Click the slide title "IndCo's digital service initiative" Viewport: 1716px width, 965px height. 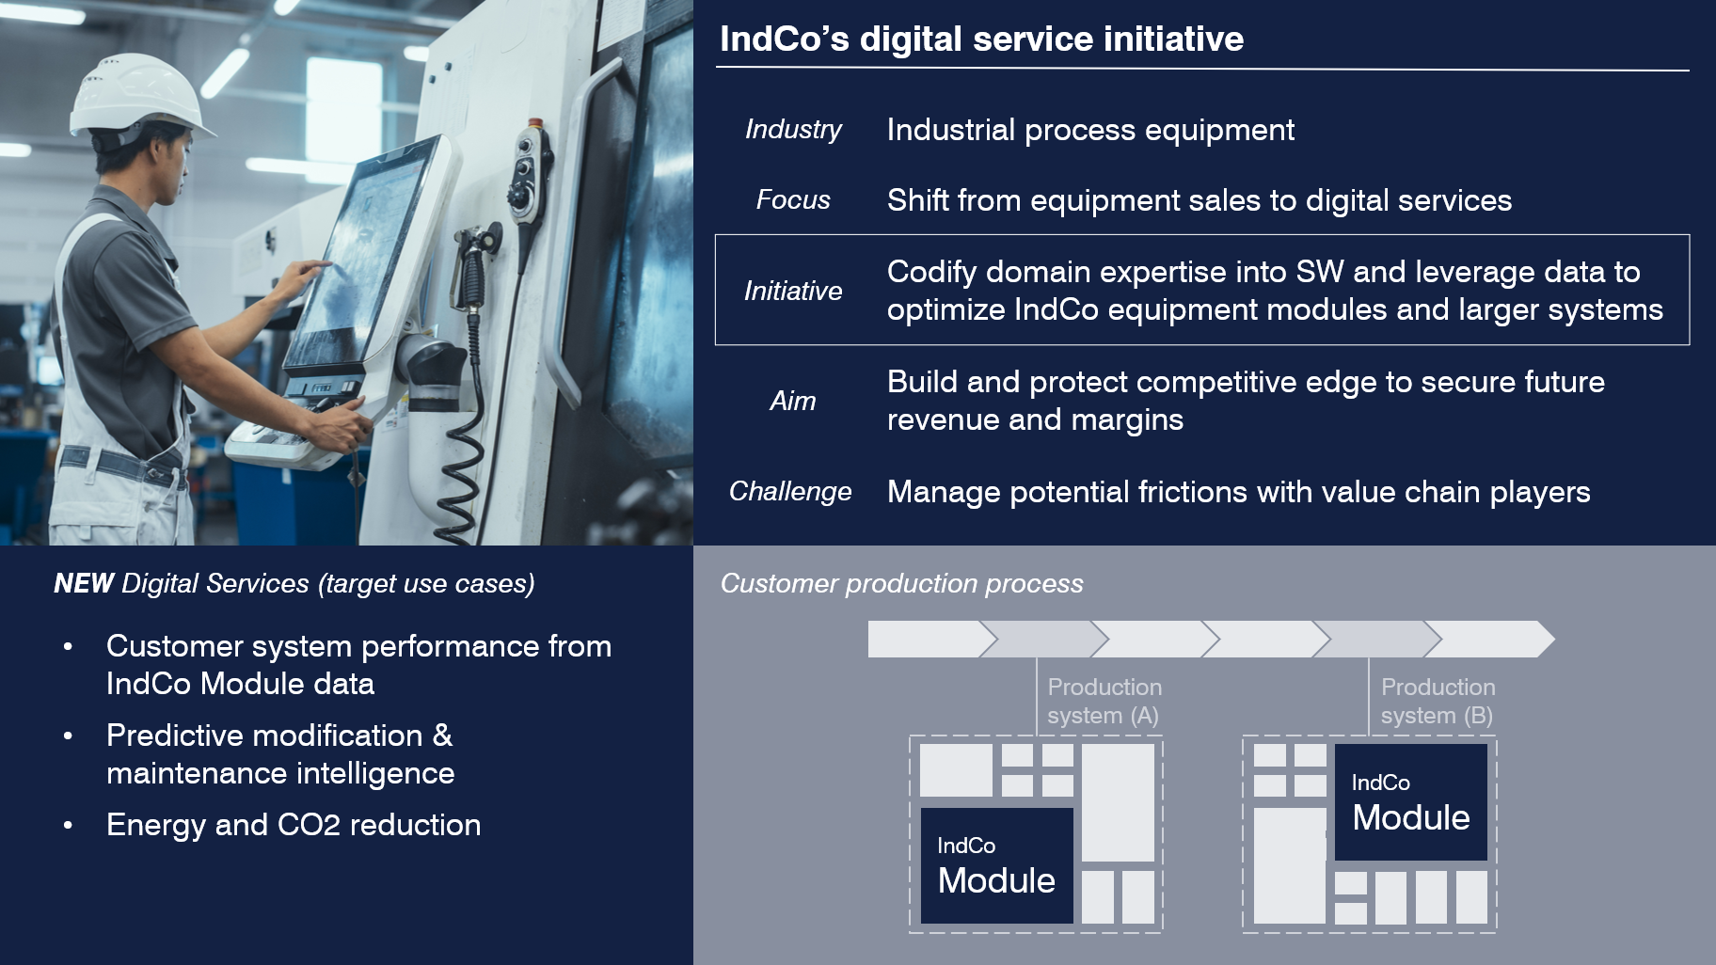981,39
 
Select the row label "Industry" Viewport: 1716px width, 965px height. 793,129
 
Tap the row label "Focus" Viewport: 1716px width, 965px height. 793,199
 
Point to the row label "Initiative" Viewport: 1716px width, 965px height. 793,291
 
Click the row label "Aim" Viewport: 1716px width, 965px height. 793,401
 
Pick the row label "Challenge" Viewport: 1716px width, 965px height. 790,491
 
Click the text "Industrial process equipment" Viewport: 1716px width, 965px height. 1090,130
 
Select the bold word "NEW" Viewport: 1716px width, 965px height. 84,583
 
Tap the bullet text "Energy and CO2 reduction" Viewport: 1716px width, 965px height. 294,825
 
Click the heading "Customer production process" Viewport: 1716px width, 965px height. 901,583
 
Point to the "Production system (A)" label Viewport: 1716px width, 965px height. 1104,701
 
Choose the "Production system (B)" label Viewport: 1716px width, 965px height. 1438,701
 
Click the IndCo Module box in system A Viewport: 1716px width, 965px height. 996,865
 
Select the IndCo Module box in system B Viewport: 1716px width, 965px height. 1410,801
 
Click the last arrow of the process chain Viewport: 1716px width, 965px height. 1488,639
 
